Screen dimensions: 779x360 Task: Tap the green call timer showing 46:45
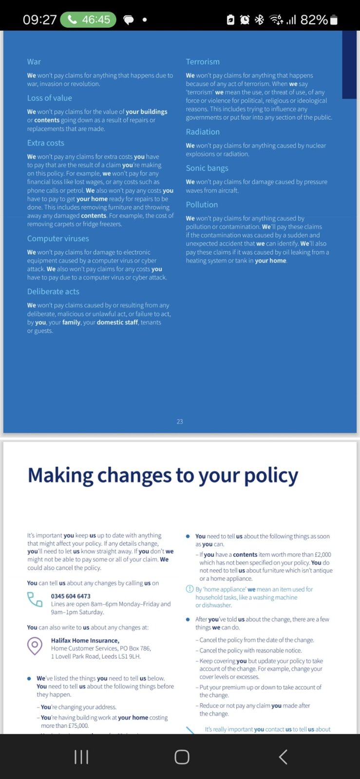[88, 20]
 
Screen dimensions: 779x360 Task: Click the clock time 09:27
[39, 20]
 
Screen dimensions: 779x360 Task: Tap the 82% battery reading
[314, 20]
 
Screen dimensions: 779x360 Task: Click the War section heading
[34, 62]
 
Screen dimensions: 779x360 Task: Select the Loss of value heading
[50, 98]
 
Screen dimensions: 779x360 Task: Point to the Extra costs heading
[46, 143]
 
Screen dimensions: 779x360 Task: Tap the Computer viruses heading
[58, 239]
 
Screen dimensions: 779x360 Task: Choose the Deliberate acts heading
[53, 292]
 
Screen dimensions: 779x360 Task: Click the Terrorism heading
[203, 62]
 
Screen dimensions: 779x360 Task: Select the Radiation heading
[203, 132]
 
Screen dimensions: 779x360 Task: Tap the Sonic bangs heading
[207, 168]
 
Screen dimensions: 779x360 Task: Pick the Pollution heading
[202, 205]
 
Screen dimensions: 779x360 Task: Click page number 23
[180, 422]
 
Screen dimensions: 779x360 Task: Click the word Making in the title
[60, 476]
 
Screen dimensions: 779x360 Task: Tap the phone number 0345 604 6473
[71, 596]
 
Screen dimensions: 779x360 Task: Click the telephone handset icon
[35, 599]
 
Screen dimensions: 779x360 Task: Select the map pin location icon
[35, 646]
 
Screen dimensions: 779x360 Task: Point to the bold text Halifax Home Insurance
[85, 641]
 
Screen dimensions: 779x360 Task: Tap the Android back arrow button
[283, 757]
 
